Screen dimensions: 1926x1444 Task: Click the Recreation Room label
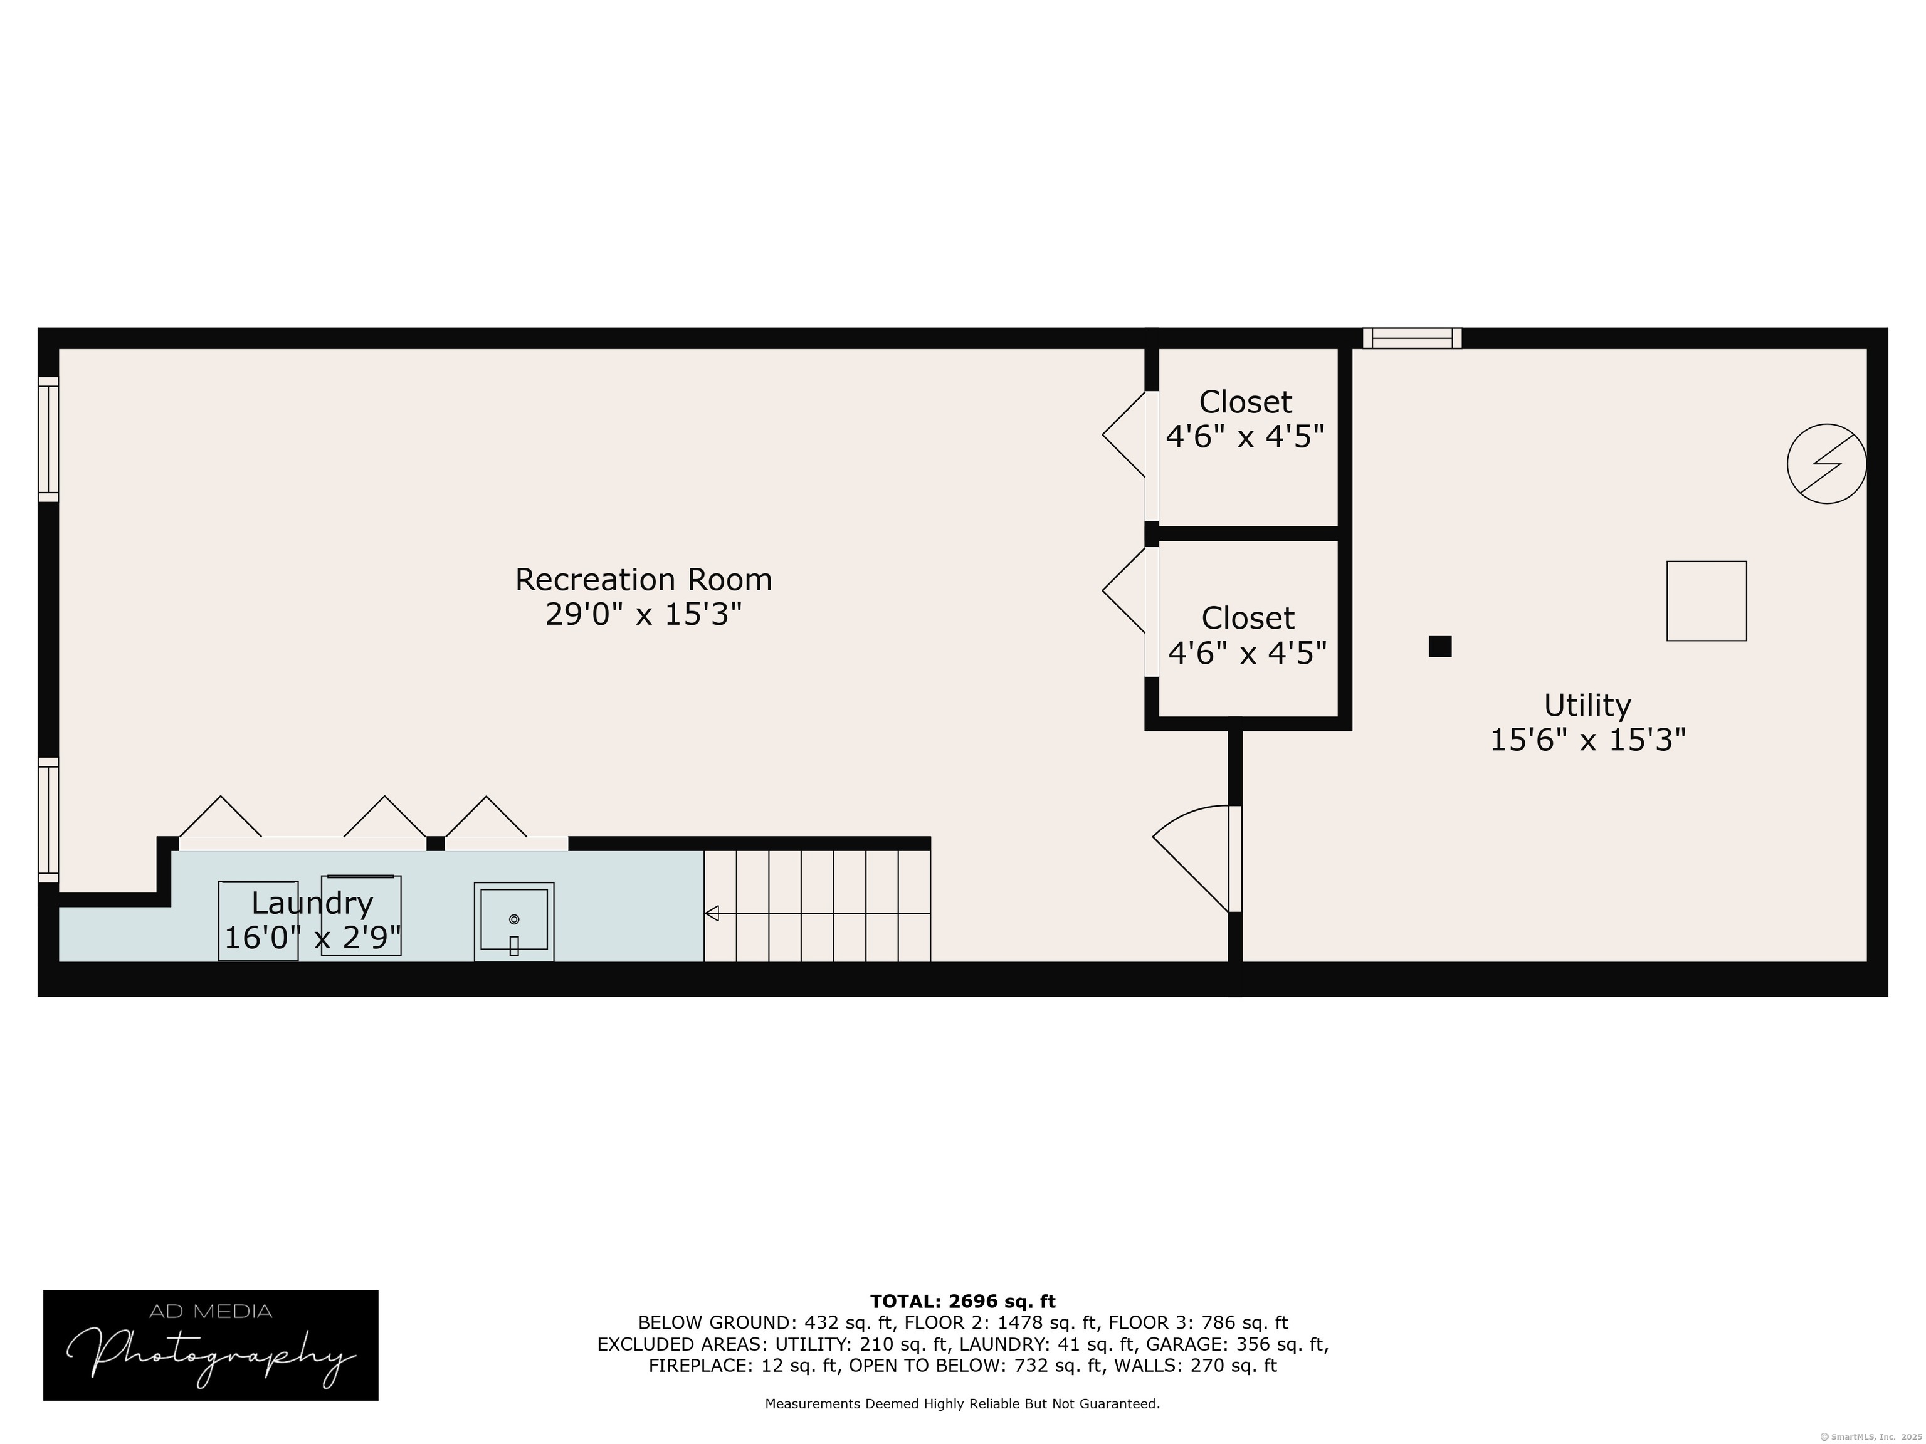643,579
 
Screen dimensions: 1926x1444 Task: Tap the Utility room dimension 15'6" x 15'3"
1588,740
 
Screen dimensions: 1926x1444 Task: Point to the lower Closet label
1248,617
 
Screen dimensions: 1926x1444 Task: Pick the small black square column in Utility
1440,646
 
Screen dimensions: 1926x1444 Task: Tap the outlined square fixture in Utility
1707,602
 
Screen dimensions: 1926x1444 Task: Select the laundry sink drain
513,919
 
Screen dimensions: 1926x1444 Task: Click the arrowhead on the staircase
712,913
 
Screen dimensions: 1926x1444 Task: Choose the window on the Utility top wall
1413,338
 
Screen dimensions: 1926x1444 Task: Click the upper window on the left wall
48,439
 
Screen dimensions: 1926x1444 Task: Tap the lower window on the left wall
48,820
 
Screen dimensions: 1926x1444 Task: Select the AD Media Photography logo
211,1345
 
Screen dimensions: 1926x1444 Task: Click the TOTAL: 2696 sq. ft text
962,1301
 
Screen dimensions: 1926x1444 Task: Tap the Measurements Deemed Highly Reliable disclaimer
962,1403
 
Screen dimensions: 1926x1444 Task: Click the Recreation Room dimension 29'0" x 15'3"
643,614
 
